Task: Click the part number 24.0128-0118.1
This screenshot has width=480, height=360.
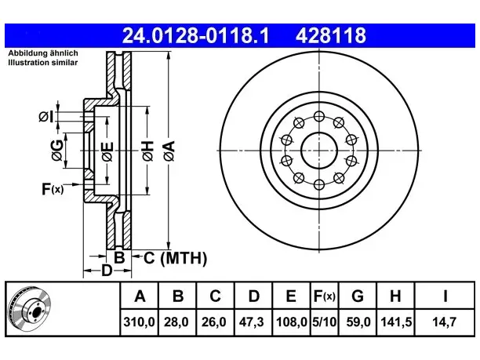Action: (x=195, y=35)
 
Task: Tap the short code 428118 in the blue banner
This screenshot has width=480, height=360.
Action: (x=331, y=35)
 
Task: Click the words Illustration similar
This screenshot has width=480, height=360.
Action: (x=43, y=63)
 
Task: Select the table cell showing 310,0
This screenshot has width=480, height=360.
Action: (x=140, y=322)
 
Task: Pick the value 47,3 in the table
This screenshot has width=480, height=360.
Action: (x=251, y=322)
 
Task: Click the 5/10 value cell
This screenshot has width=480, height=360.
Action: (x=324, y=322)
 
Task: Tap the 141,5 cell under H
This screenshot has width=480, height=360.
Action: (x=396, y=322)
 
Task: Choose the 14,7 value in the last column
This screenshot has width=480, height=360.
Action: (x=444, y=322)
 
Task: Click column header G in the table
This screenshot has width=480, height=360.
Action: (x=358, y=296)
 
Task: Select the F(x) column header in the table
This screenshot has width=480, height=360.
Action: (x=325, y=296)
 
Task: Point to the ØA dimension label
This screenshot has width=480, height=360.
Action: (x=169, y=151)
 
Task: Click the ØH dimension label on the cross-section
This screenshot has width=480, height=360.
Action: (x=148, y=151)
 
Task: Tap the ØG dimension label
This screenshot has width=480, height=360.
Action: (x=57, y=151)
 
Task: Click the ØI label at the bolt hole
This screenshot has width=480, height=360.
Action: (x=46, y=117)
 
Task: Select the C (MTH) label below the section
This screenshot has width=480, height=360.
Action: (x=176, y=258)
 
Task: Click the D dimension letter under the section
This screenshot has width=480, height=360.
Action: (x=107, y=271)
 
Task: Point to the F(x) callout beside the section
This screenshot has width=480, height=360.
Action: (x=53, y=189)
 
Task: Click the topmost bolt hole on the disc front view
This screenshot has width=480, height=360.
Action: (x=319, y=116)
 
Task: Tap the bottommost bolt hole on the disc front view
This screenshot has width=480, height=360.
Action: (x=319, y=184)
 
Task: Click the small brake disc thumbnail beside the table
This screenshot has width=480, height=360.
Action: (x=30, y=309)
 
